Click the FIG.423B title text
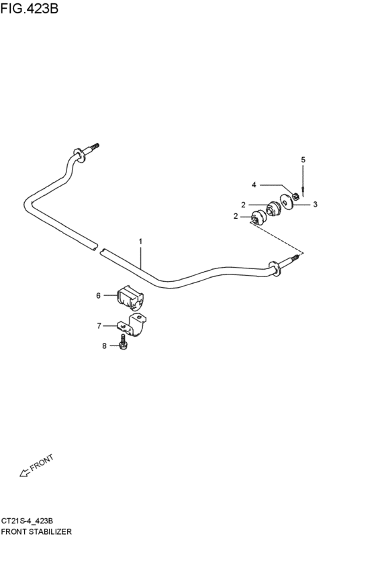pyautogui.click(x=29, y=8)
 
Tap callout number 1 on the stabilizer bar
pyautogui.click(x=140, y=242)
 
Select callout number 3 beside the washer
pyautogui.click(x=315, y=204)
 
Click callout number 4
pyautogui.click(x=254, y=185)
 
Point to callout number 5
pyautogui.click(x=303, y=160)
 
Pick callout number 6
pyautogui.click(x=99, y=295)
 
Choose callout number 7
pyautogui.click(x=99, y=325)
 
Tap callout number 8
pyautogui.click(x=104, y=346)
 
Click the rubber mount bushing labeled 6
pyautogui.click(x=130, y=297)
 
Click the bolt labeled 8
pyautogui.click(x=124, y=343)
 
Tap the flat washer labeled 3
pyautogui.click(x=287, y=201)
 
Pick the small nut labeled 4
pyautogui.click(x=296, y=197)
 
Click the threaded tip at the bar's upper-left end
pyautogui.click(x=95, y=146)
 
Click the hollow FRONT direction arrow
pyautogui.click(x=24, y=472)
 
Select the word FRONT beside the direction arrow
pyautogui.click(x=42, y=462)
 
